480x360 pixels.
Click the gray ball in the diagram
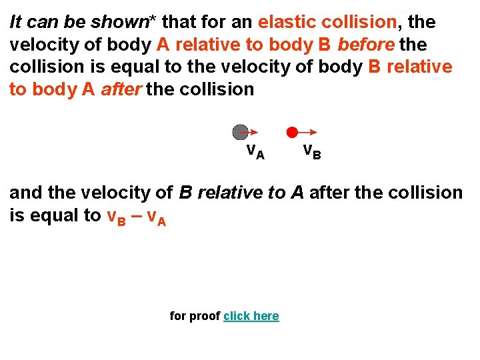point(240,132)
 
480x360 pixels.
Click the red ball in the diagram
point(292,132)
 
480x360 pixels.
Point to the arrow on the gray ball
point(251,133)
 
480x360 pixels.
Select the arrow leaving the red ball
point(307,133)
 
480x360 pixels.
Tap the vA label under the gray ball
point(255,152)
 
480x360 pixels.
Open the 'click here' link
point(251,316)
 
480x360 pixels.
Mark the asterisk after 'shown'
point(153,20)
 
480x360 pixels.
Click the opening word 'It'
point(15,22)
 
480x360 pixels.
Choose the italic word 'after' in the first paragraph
point(121,89)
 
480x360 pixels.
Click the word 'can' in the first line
point(44,22)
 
